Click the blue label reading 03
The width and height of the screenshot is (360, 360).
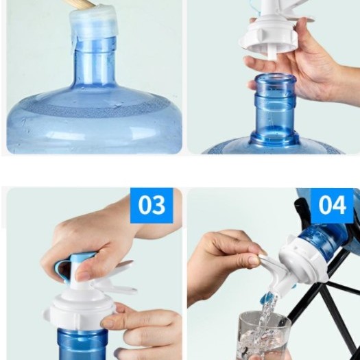click(x=152, y=205)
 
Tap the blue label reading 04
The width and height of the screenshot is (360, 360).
click(x=332, y=205)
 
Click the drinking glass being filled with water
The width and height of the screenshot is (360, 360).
click(x=263, y=336)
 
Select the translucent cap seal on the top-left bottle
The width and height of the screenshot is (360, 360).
click(x=94, y=25)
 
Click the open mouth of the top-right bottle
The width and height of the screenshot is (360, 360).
click(x=276, y=77)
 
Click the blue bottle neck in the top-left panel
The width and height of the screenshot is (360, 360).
click(x=94, y=62)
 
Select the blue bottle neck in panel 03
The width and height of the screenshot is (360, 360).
click(x=82, y=344)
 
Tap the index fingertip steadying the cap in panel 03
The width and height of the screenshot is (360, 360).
click(x=108, y=323)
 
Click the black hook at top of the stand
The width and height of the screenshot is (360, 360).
click(x=301, y=210)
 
